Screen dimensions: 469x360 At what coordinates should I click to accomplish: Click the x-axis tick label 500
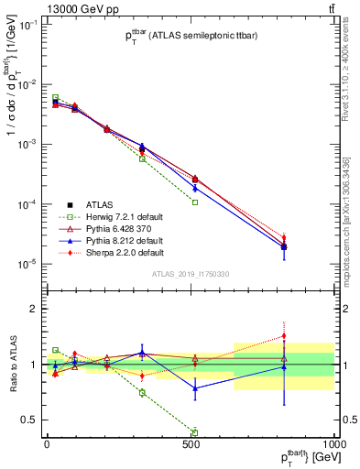pos(191,443)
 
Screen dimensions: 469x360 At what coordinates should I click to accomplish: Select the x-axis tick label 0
pos(46,443)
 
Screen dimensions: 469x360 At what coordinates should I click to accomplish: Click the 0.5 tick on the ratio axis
pos(29,420)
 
